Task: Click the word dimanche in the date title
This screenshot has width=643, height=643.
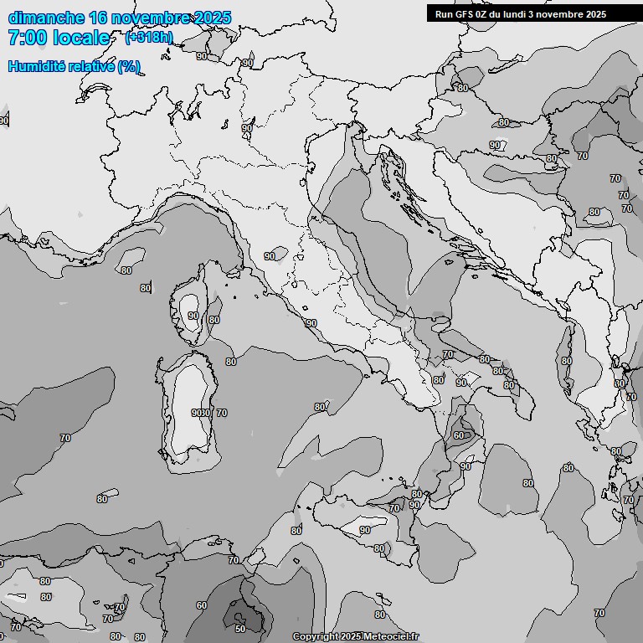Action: [x=46, y=18]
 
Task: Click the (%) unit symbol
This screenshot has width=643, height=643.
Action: [x=129, y=66]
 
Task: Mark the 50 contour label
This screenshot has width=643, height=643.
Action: [x=240, y=628]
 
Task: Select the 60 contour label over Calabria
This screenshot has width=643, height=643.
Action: [x=458, y=435]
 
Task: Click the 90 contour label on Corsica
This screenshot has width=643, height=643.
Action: [x=193, y=316]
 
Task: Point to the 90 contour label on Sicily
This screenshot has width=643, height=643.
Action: [x=364, y=530]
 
